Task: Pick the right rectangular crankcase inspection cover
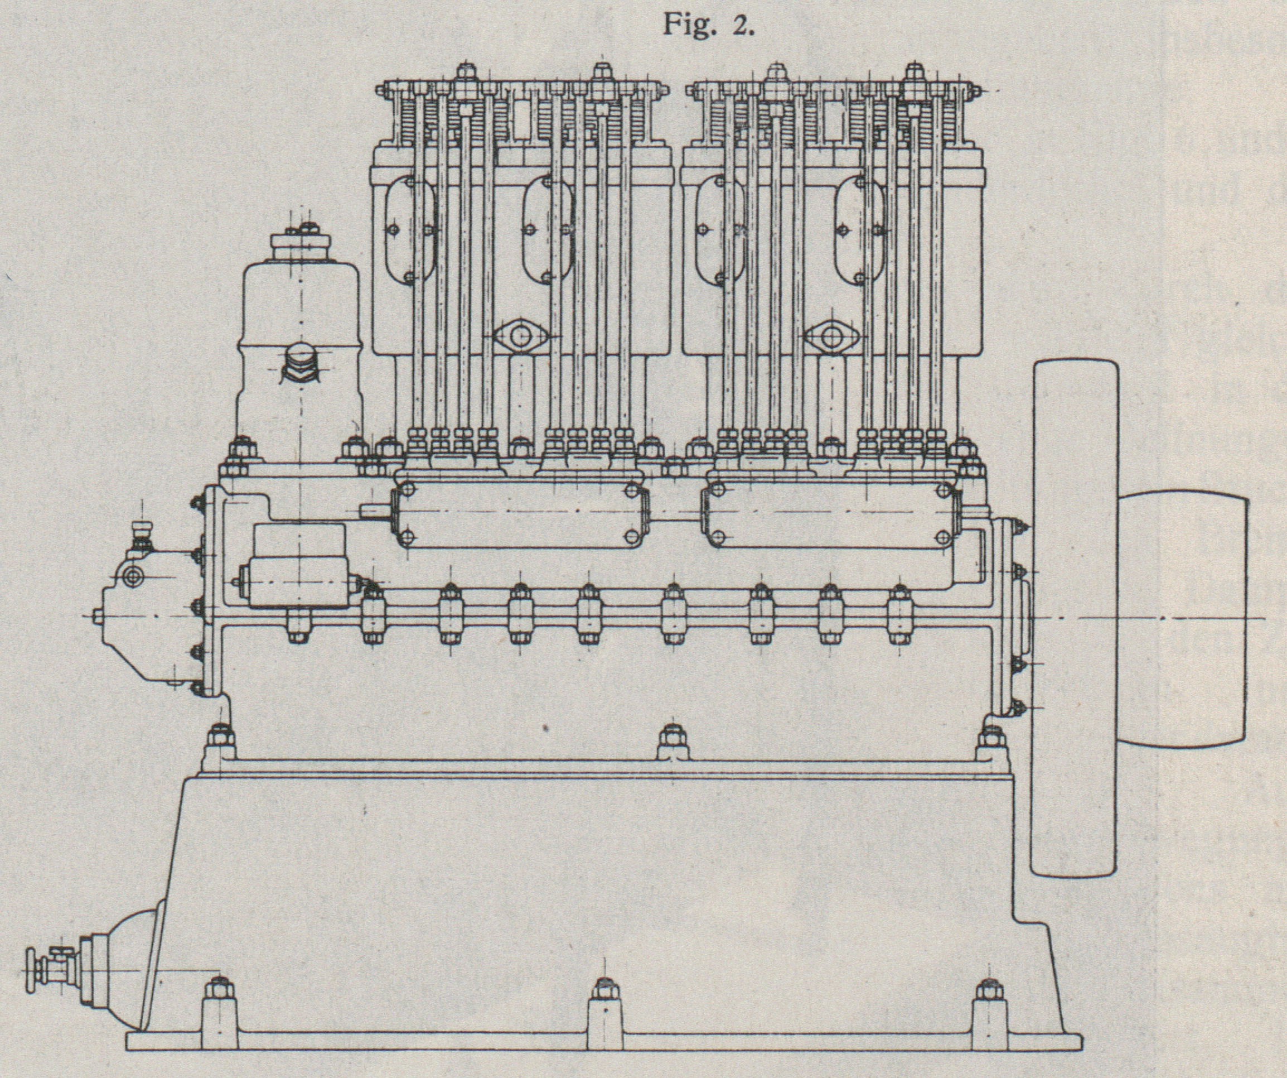pos(831,513)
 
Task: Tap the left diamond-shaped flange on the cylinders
pos(520,336)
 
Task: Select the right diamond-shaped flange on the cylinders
pos(831,336)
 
